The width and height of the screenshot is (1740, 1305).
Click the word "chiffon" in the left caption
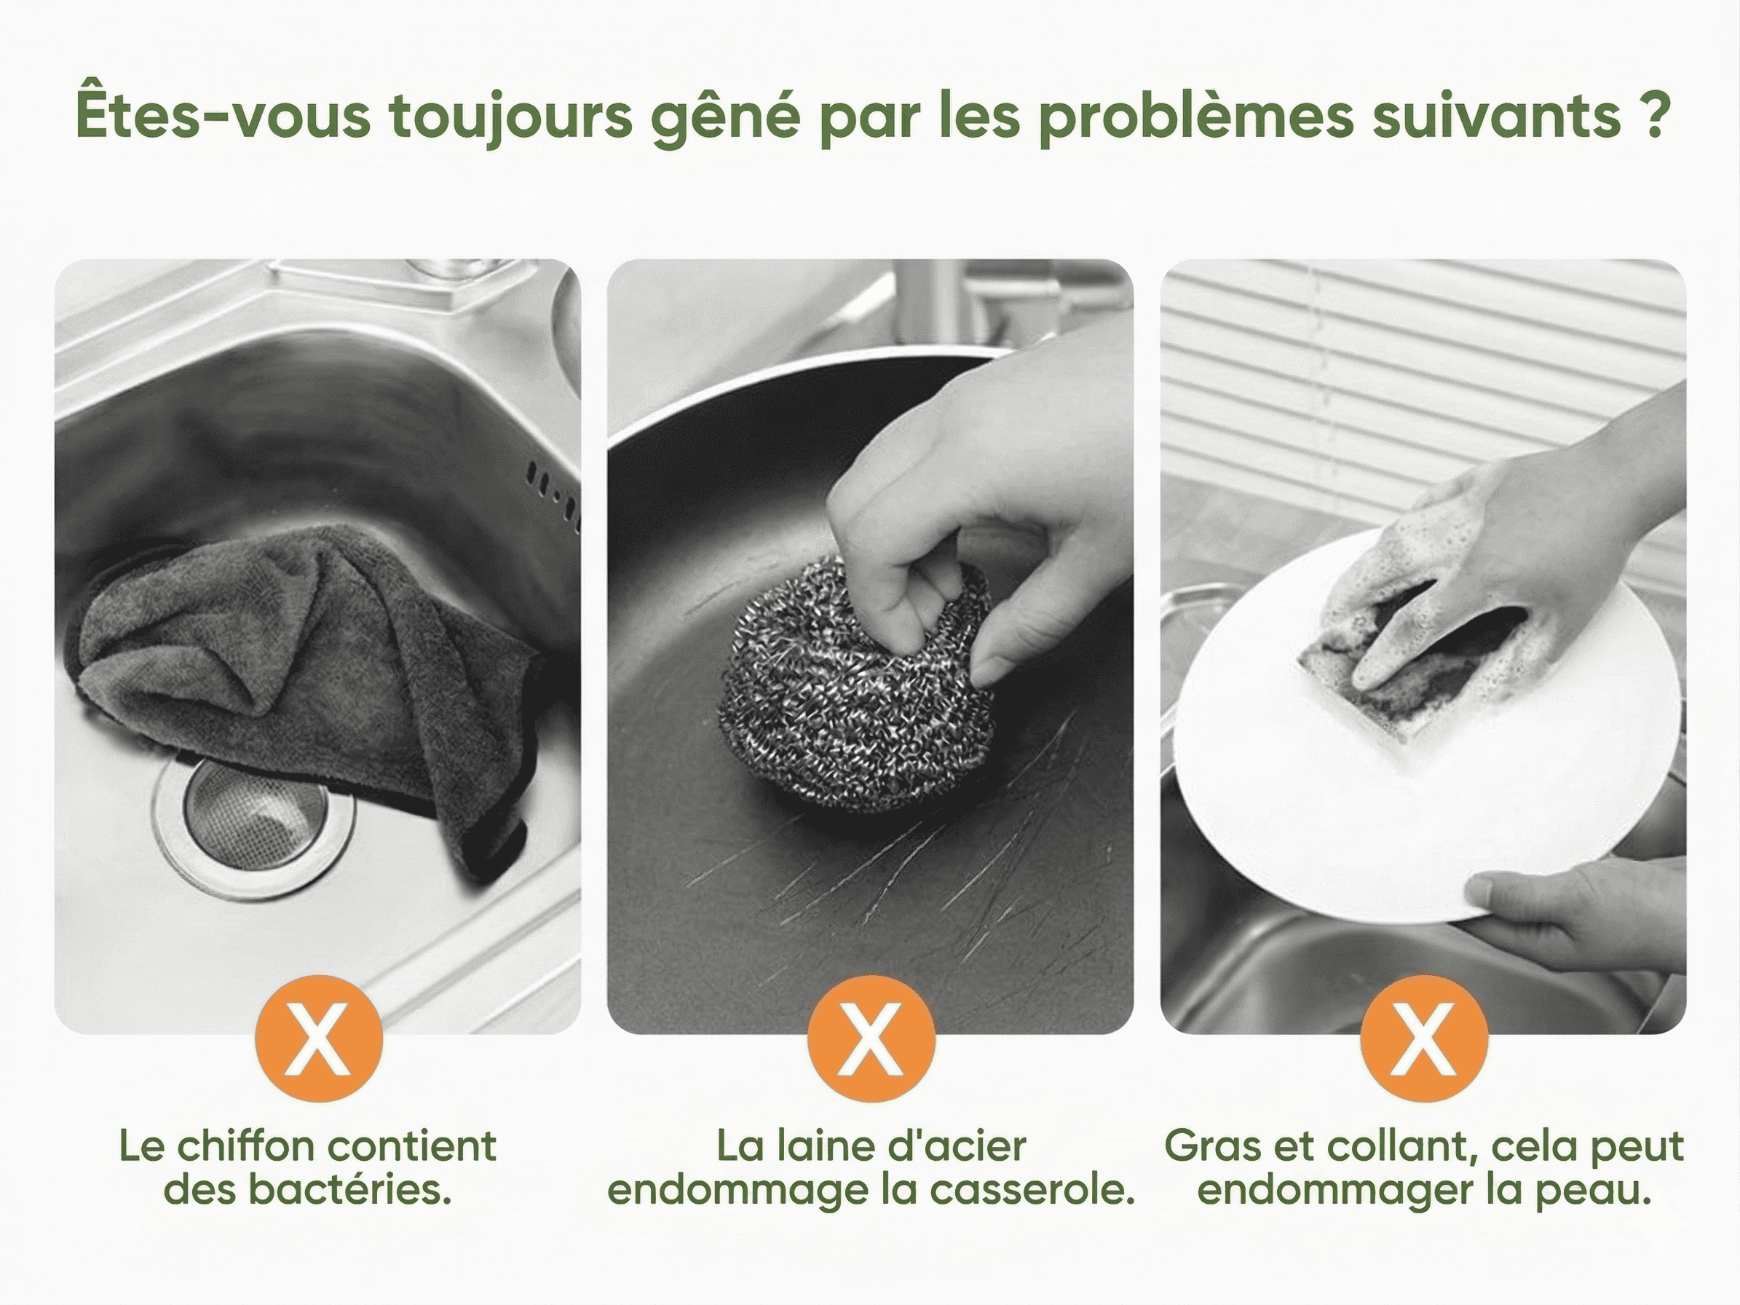242,1148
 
